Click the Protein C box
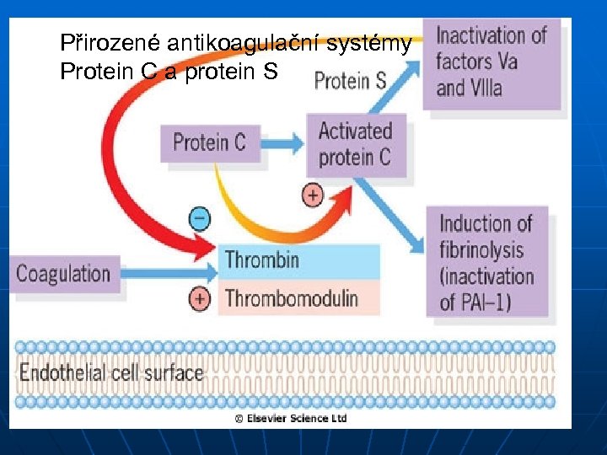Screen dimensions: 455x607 pos(209,142)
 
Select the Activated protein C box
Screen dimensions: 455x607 pos(355,144)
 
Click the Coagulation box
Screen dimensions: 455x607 pos(63,274)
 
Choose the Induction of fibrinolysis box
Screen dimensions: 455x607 pos(487,262)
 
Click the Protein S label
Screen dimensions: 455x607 pos(350,81)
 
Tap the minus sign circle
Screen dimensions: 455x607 pos(200,218)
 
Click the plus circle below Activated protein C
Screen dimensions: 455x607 pos(312,195)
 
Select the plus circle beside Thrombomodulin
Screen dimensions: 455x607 pos(200,298)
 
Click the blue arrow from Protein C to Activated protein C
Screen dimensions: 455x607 pos(281,142)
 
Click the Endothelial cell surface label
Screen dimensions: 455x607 pos(111,372)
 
